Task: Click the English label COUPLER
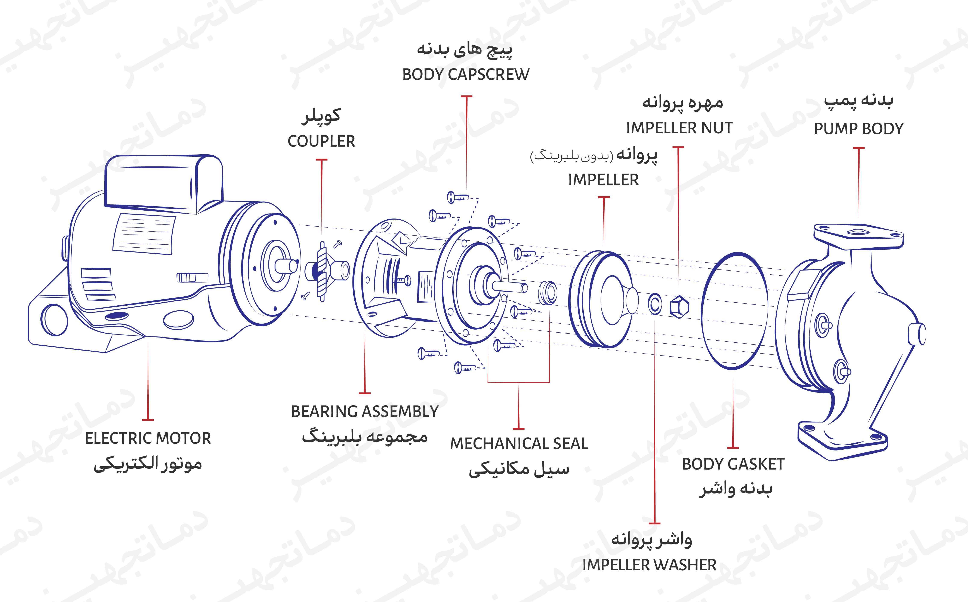pos(321,141)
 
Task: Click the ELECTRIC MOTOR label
pos(148,438)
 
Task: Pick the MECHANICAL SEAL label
pos(519,444)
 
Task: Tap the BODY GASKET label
pos(733,464)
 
